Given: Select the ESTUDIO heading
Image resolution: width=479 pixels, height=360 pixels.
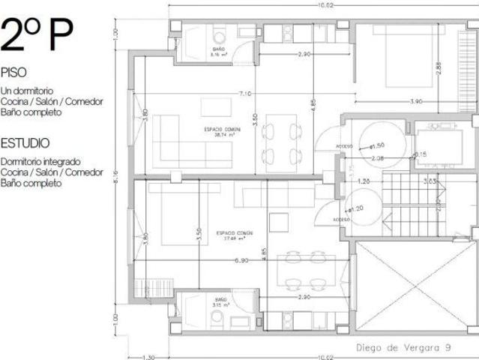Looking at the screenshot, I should [25, 142].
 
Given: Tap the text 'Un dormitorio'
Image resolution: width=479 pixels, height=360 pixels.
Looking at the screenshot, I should [29, 91].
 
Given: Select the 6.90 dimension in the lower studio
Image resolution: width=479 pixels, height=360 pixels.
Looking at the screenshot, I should [241, 260].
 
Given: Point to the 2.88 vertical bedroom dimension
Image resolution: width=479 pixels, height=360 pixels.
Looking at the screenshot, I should [439, 67].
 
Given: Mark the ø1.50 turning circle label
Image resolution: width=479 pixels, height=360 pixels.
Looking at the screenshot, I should [379, 146].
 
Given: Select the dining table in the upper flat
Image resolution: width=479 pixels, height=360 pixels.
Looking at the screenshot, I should [280, 140].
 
